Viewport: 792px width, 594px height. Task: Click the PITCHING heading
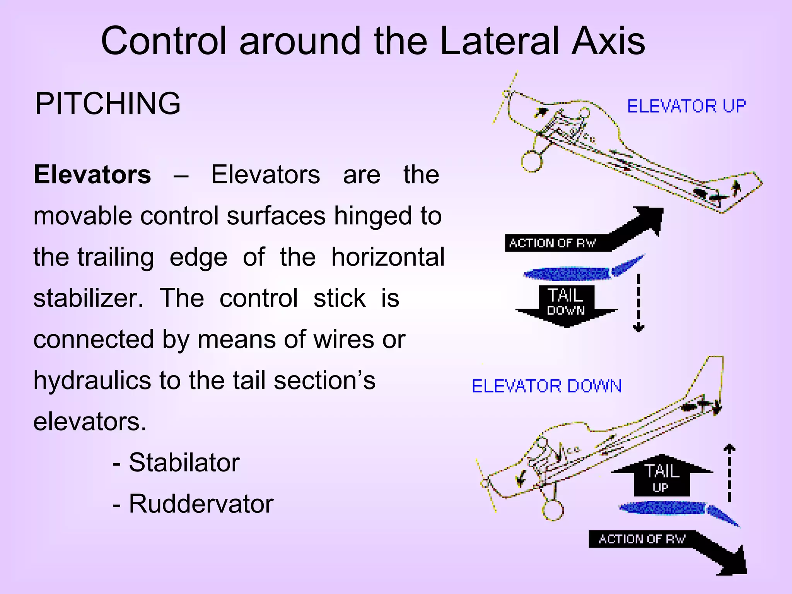(108, 104)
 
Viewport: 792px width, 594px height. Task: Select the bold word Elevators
(92, 175)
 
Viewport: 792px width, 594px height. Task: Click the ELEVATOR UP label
(686, 106)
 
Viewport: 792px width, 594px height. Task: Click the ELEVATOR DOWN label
(546, 386)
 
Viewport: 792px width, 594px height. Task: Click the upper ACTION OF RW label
(553, 243)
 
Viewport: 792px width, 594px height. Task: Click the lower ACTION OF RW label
(642, 539)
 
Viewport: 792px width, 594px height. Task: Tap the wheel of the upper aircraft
(532, 161)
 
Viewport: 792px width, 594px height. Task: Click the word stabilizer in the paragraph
(87, 299)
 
